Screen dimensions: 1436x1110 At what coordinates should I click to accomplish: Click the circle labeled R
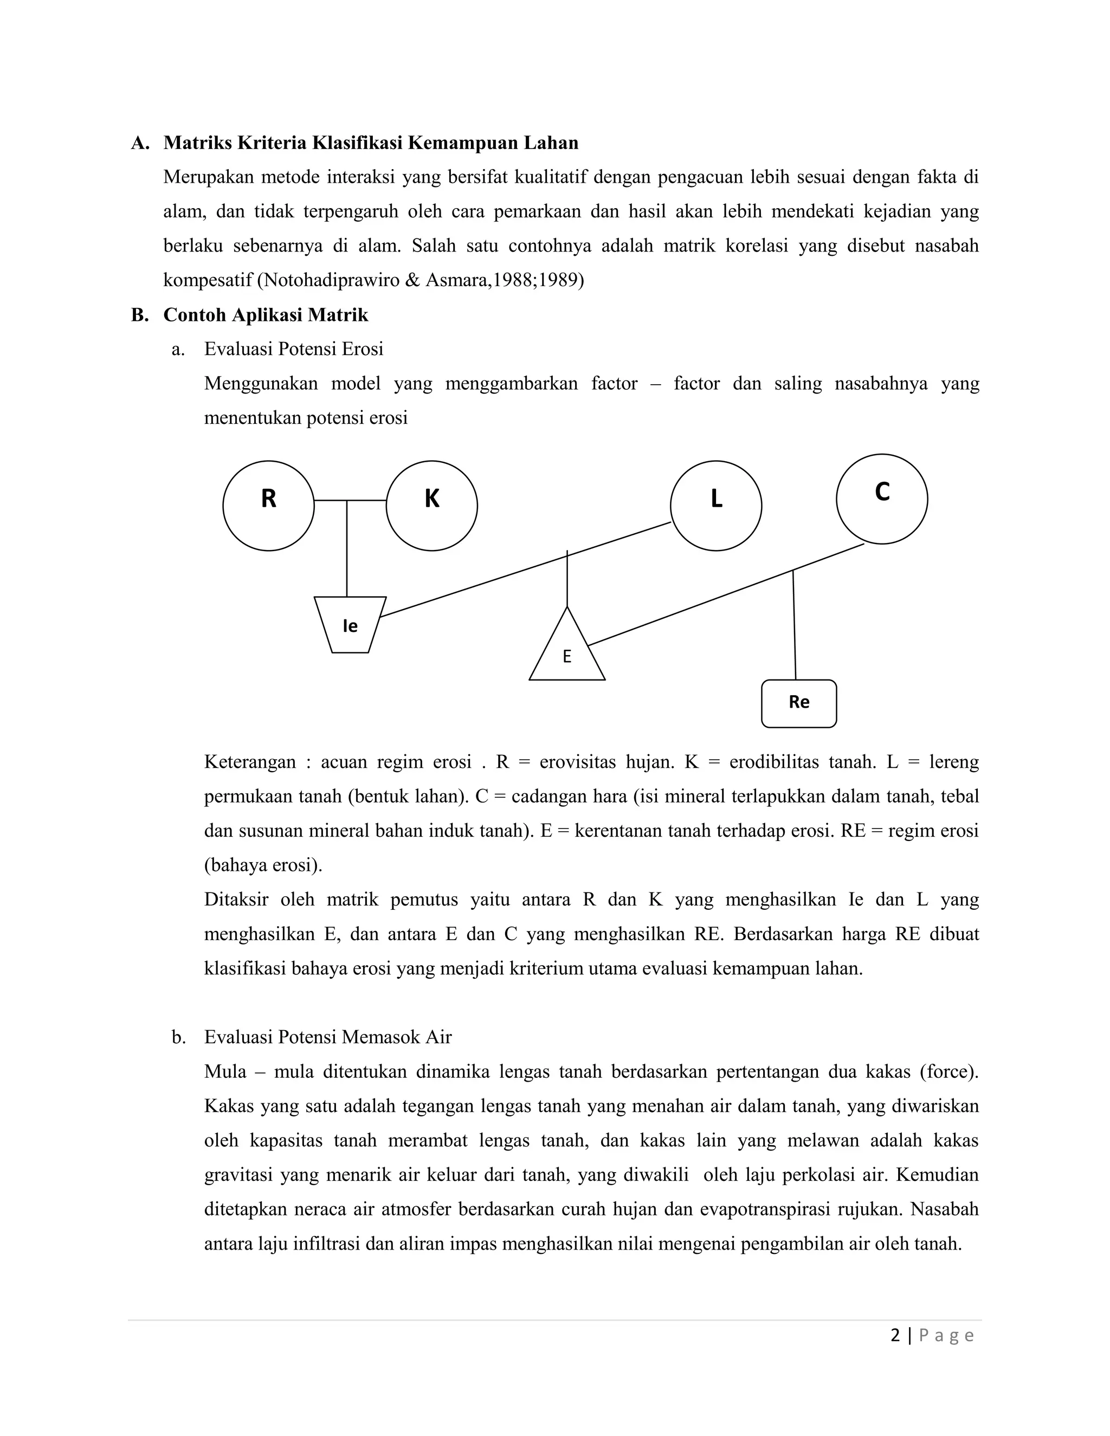(x=268, y=505)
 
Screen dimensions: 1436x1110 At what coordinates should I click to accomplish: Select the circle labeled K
(x=431, y=505)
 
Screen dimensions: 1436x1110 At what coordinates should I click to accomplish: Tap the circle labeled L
(x=715, y=505)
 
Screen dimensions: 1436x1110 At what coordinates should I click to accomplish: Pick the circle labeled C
(x=881, y=499)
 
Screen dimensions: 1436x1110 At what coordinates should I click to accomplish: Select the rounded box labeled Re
(x=798, y=703)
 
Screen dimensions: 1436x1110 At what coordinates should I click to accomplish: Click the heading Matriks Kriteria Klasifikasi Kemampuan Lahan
(x=370, y=143)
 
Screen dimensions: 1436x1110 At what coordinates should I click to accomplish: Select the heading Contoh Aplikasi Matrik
(x=266, y=315)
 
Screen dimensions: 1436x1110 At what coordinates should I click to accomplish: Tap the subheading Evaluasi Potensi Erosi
(x=293, y=348)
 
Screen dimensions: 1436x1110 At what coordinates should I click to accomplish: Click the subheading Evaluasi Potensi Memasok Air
(x=327, y=1037)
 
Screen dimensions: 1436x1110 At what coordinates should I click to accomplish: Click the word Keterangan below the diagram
(x=250, y=761)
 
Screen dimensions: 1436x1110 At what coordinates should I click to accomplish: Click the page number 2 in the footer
(x=895, y=1335)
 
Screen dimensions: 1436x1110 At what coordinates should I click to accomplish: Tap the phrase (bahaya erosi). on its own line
(x=263, y=865)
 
